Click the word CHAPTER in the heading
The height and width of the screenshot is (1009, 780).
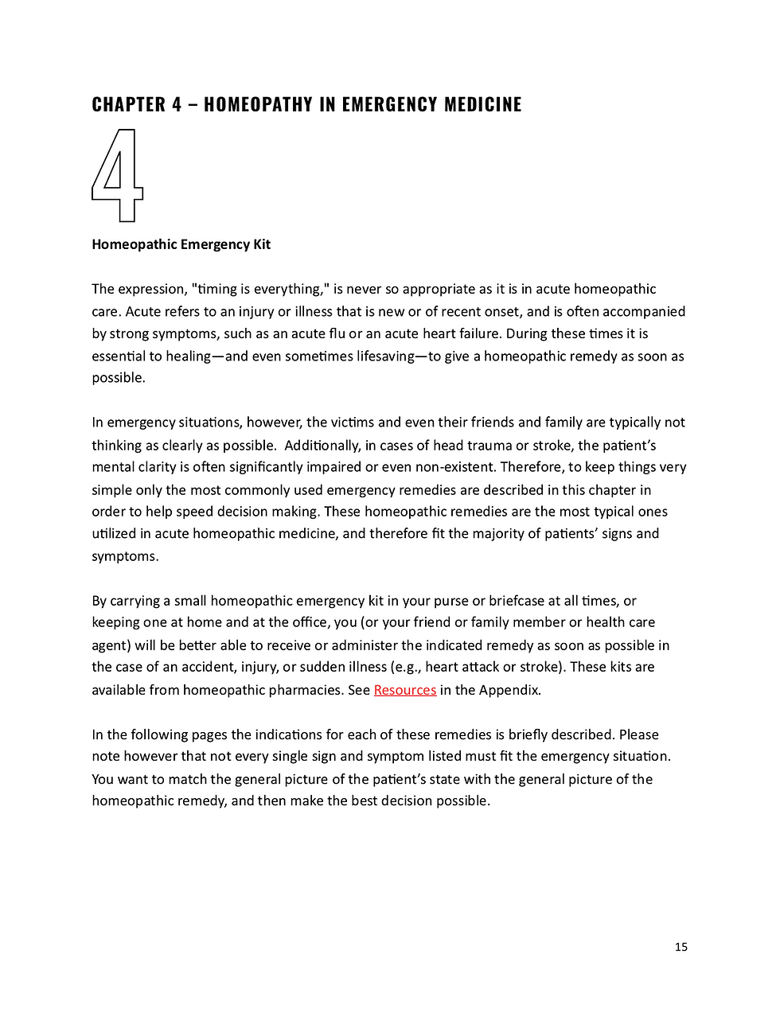pos(129,104)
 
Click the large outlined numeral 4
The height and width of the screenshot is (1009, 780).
pos(117,176)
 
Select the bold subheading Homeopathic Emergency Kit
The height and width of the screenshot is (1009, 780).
pos(181,244)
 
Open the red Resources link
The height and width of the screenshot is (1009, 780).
pos(404,690)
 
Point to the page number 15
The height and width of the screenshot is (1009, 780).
pos(681,946)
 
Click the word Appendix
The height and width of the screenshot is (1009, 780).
pos(510,690)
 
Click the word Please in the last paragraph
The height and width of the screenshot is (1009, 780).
pos(638,734)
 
